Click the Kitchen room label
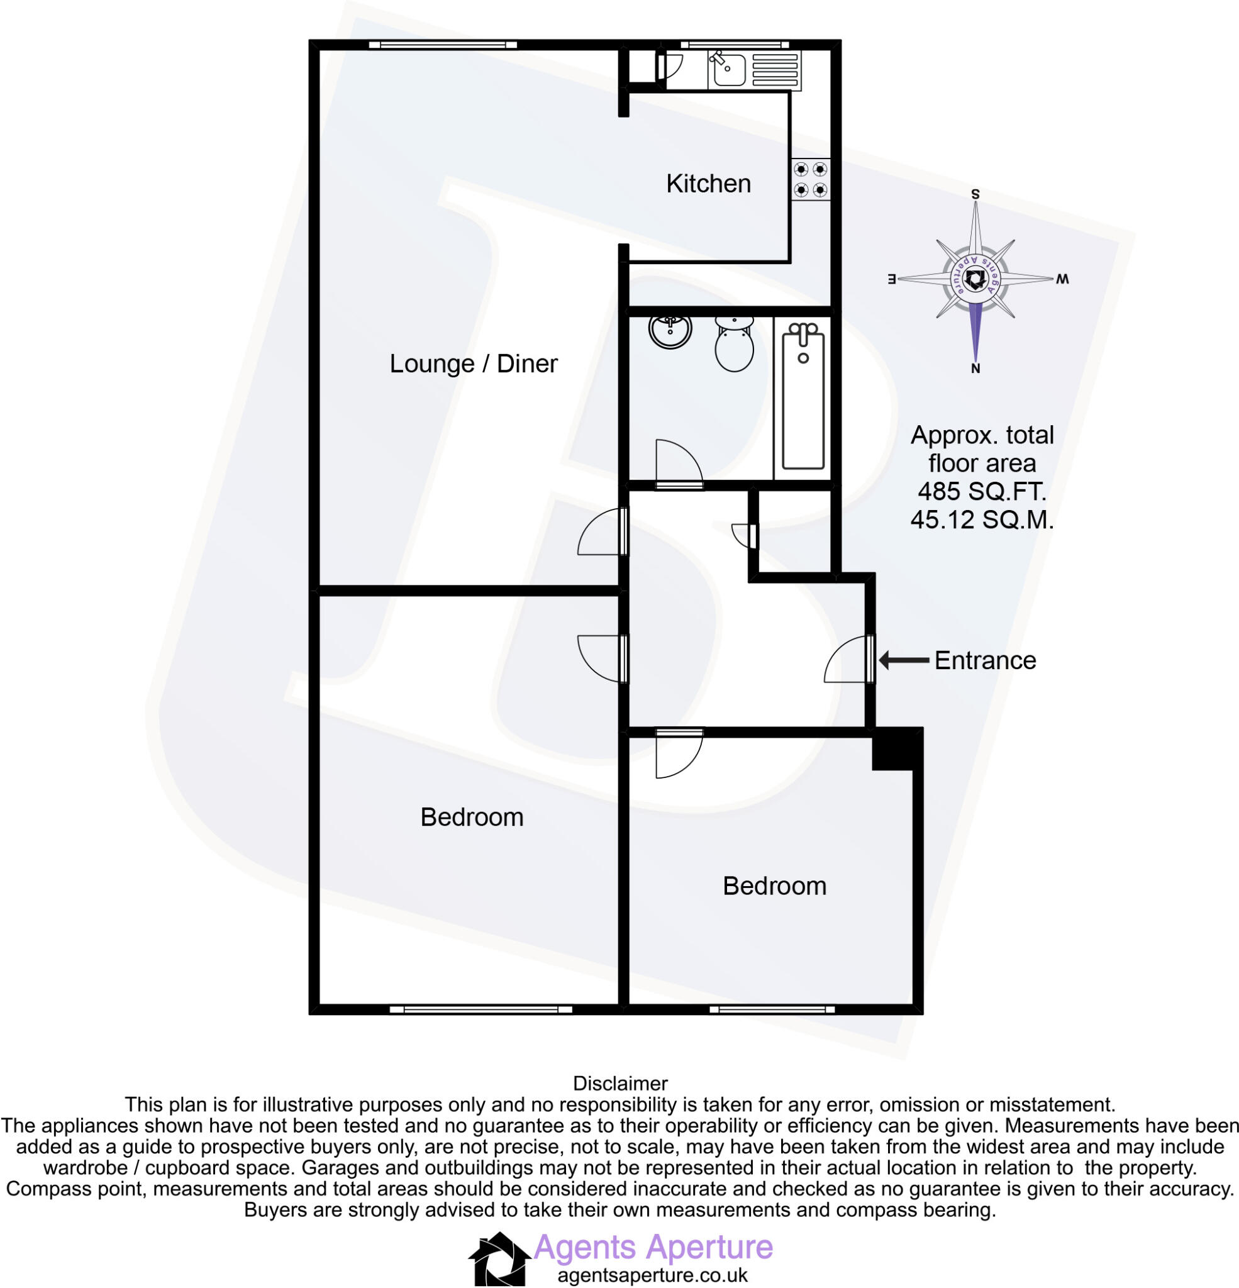point(708,184)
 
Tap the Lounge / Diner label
point(473,364)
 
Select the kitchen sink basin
point(727,70)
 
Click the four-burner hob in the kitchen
point(811,179)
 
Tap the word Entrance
point(985,660)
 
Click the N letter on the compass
point(975,369)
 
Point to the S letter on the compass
point(975,194)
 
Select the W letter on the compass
point(1062,279)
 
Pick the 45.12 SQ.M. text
point(982,521)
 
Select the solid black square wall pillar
point(894,748)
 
